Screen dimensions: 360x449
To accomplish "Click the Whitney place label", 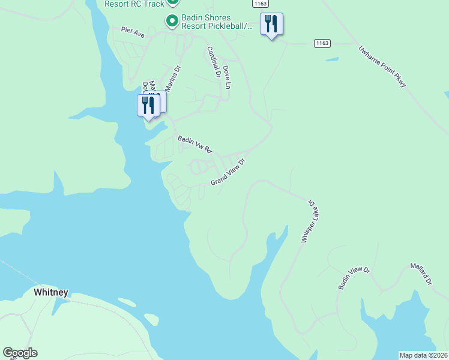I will click(51, 293).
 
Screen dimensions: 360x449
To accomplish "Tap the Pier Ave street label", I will click(133, 32).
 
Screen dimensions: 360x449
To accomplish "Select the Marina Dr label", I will click(172, 79).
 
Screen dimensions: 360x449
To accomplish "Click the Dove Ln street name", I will click(226, 77).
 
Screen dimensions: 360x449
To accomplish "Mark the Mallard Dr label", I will click(421, 274).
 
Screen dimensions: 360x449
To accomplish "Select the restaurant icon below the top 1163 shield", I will click(271, 24).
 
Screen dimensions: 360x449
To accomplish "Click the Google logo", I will click(20, 353).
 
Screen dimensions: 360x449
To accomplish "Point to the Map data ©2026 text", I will click(423, 355).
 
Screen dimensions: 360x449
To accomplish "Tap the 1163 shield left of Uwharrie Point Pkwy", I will click(322, 43).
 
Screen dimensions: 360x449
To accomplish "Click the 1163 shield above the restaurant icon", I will click(259, 4).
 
